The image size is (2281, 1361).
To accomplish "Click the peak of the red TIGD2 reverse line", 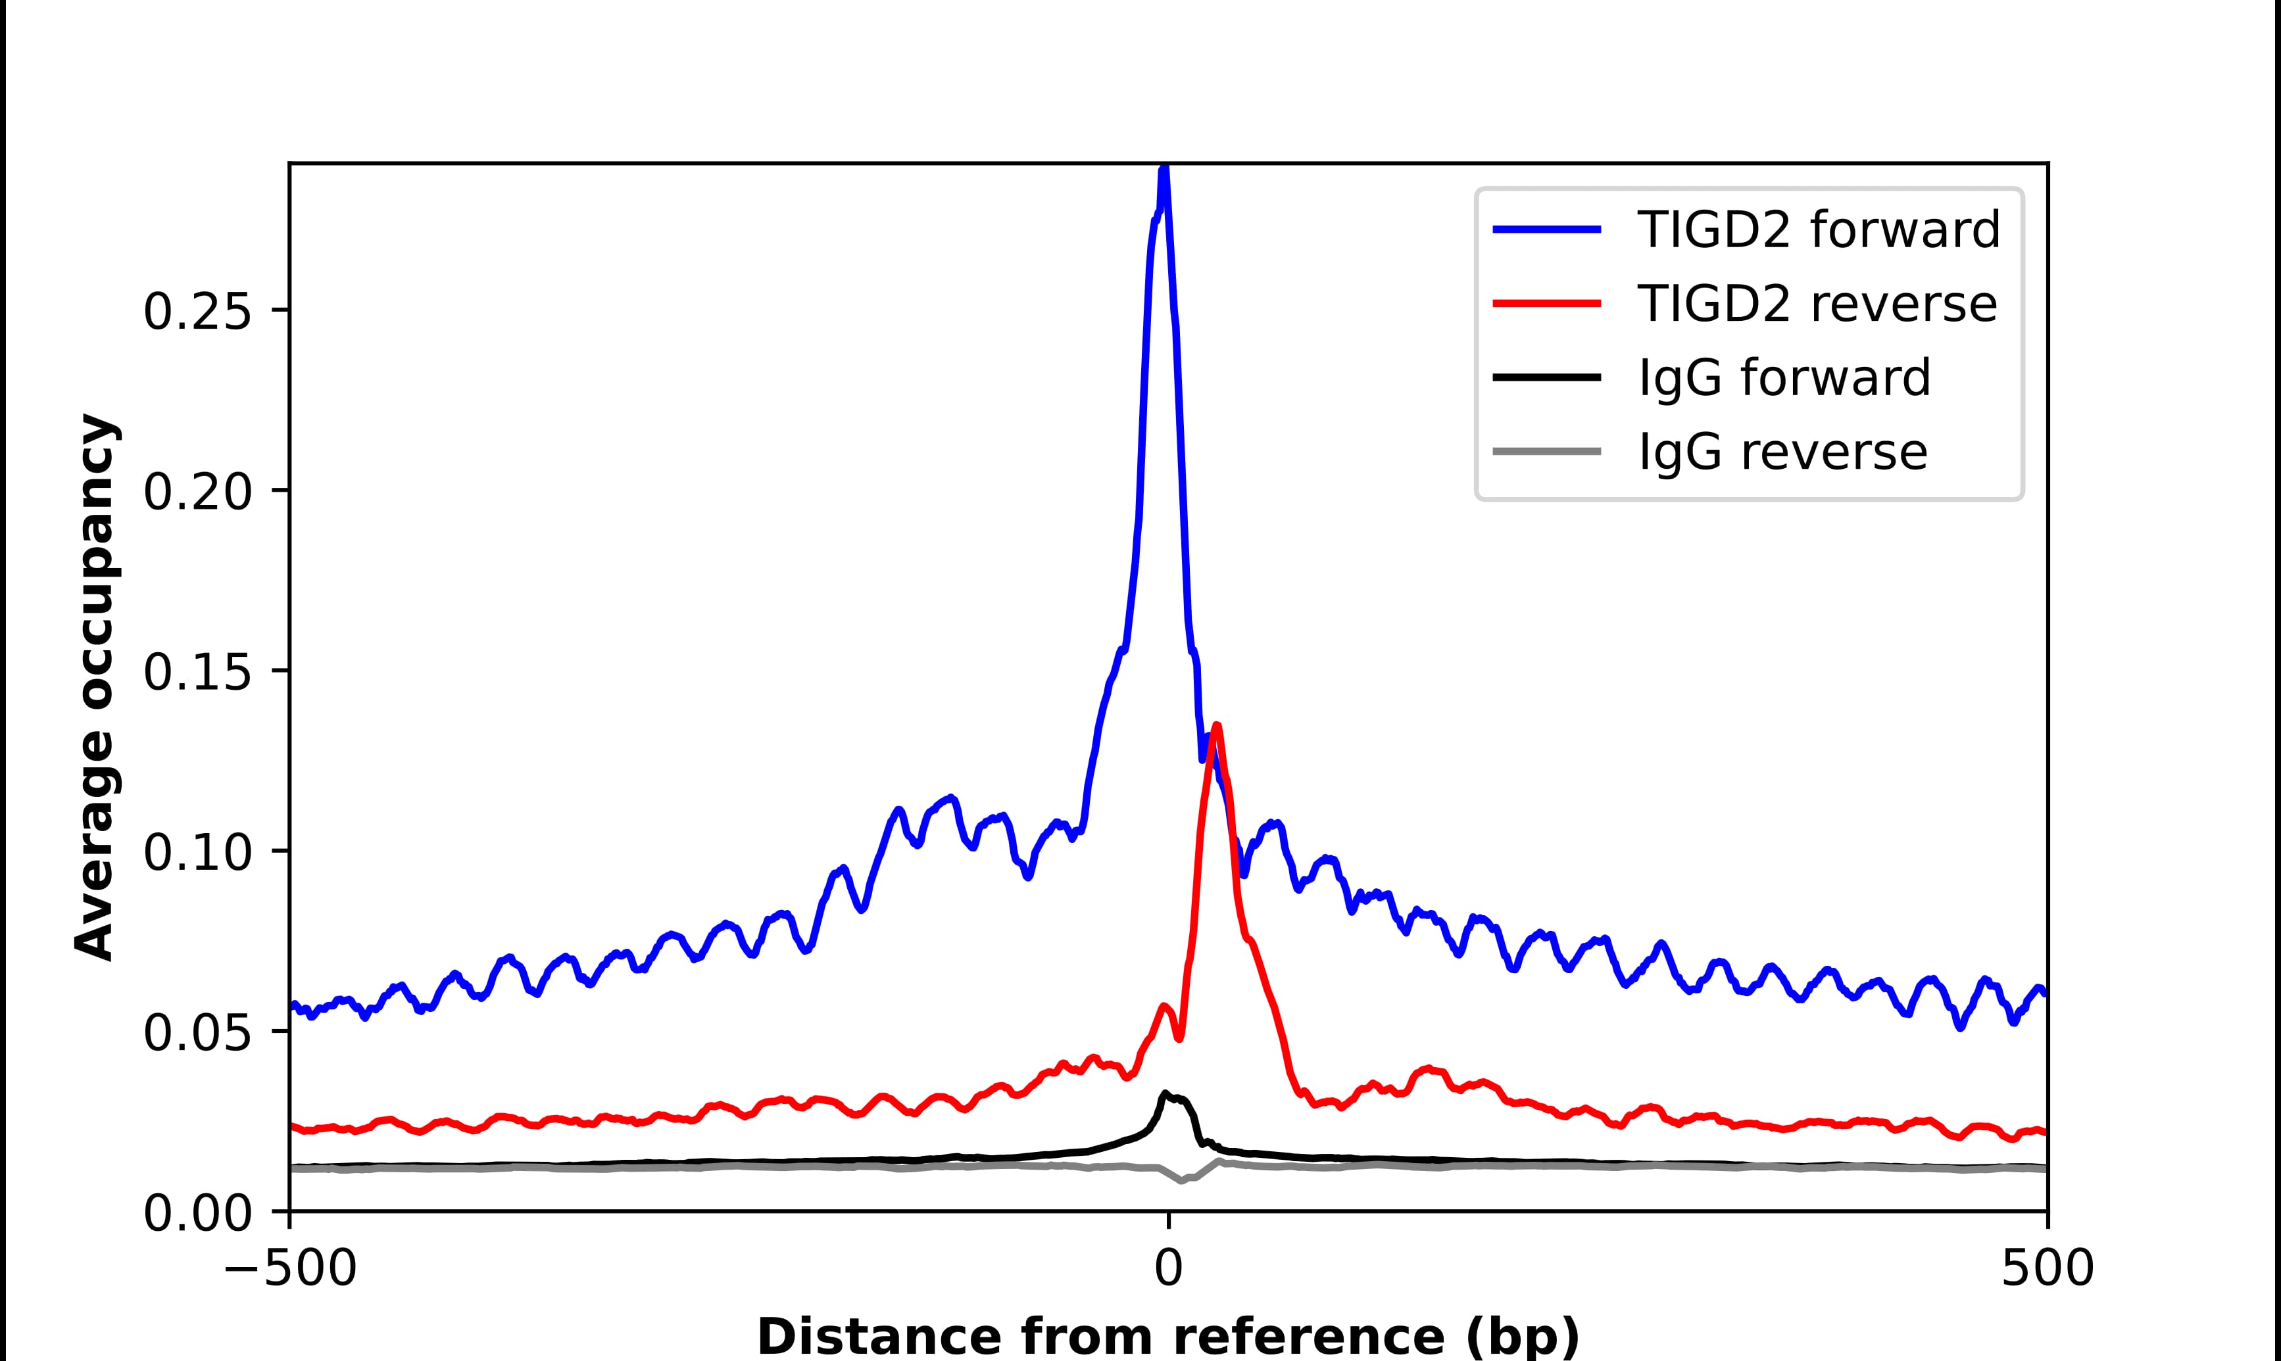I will pyautogui.click(x=1216, y=727).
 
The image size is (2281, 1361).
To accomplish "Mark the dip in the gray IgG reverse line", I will pyautogui.click(x=1181, y=1180).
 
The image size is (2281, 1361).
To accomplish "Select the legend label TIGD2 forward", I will pyautogui.click(x=1818, y=229).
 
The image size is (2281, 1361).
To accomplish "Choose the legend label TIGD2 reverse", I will pyautogui.click(x=1816, y=304).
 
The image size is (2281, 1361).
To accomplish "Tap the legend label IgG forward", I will pyautogui.click(x=1784, y=378).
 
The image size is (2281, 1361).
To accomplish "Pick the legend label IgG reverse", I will pyautogui.click(x=1782, y=452).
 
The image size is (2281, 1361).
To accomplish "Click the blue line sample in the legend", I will pyautogui.click(x=1547, y=229).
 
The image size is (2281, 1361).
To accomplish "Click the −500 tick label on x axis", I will pyautogui.click(x=290, y=1270).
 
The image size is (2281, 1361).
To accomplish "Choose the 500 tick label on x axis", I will pyautogui.click(x=2047, y=1270).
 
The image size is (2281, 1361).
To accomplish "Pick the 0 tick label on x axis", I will pyautogui.click(x=1167, y=1270).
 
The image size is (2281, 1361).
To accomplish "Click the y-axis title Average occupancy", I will pyautogui.click(x=95, y=688).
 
